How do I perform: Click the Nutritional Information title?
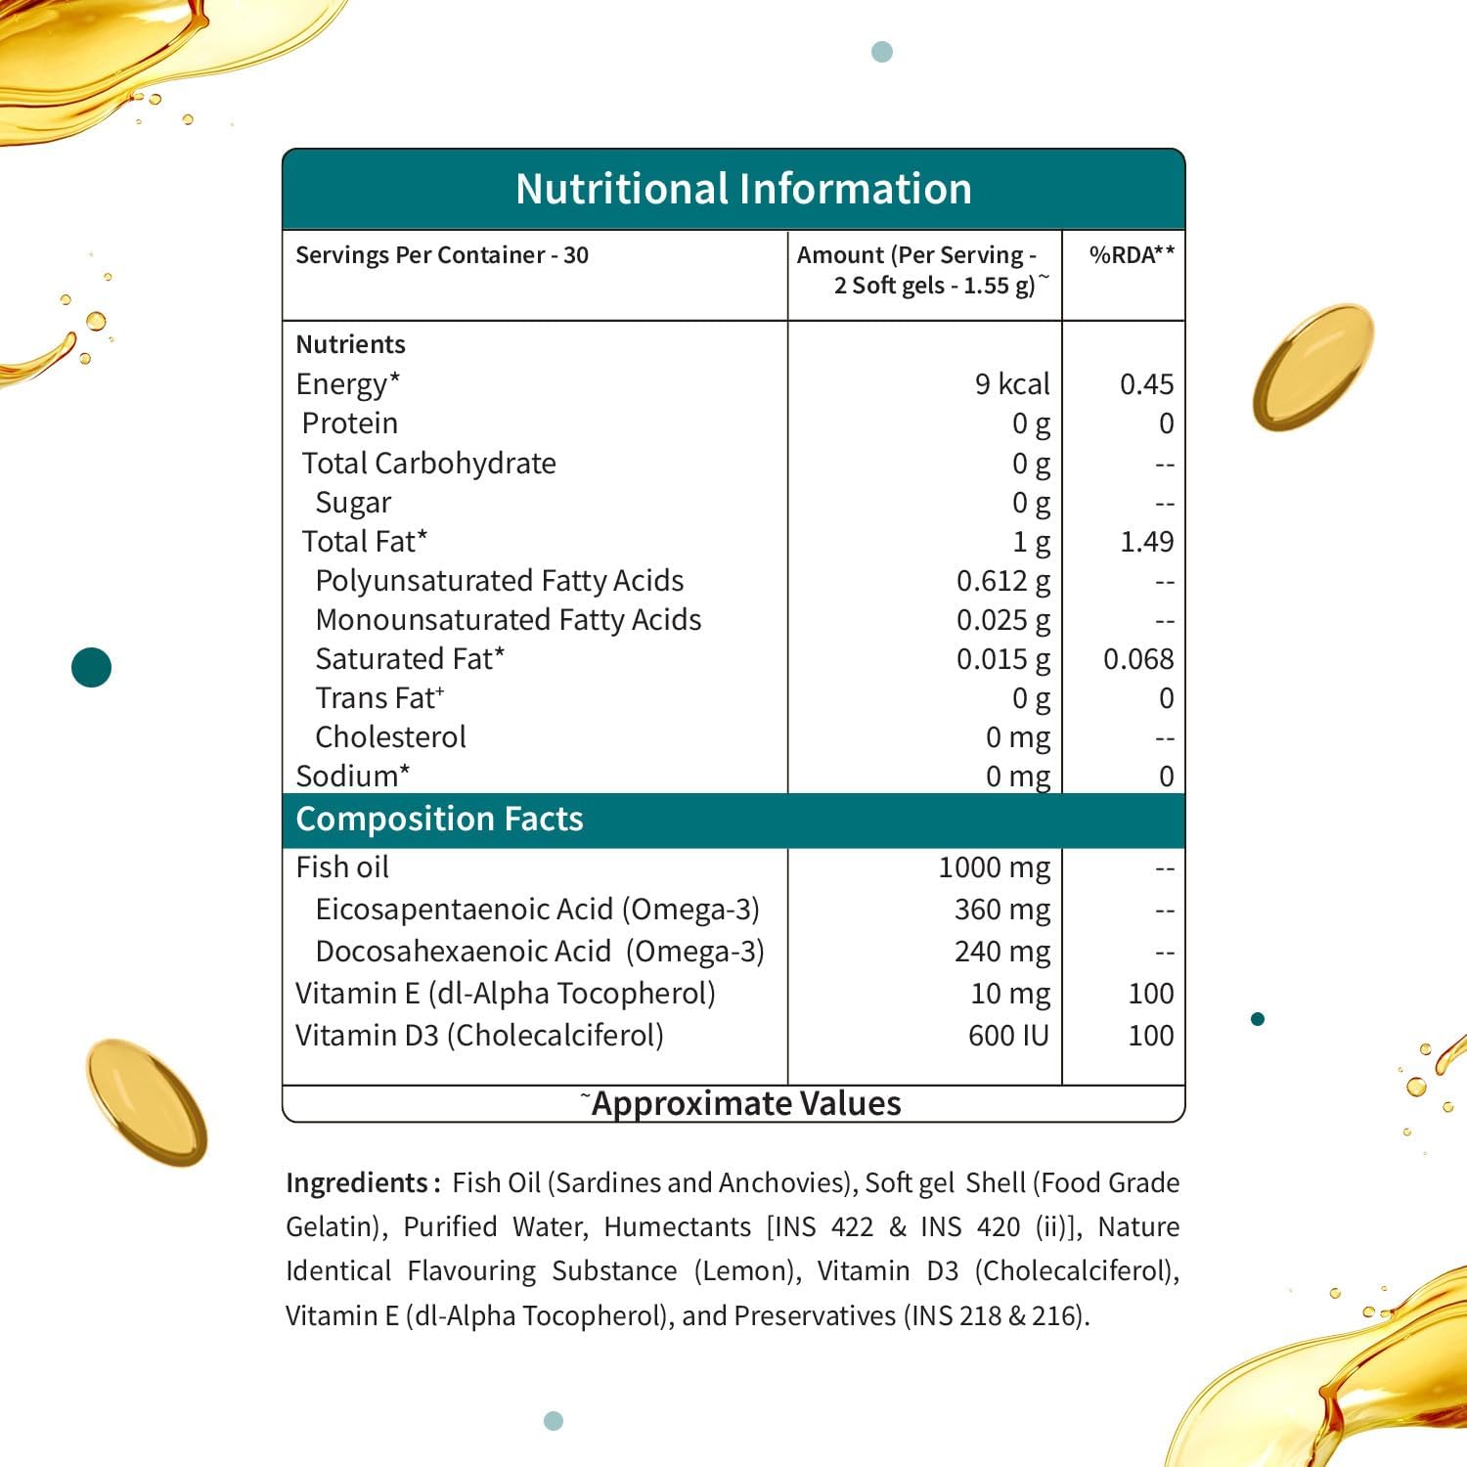743,189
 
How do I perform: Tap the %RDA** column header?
1132,255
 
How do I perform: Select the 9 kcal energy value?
1012,383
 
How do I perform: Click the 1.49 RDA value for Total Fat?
1146,541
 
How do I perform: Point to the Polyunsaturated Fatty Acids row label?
499,580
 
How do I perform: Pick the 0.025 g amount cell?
1002,619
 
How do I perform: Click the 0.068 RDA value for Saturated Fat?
1138,658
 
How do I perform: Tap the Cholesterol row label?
390,736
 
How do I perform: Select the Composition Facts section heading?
439,819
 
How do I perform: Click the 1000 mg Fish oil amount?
994,867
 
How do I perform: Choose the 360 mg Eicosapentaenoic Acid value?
1001,909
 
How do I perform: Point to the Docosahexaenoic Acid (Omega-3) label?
539,951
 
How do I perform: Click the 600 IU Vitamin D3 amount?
1007,1035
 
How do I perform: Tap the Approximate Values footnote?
745,1103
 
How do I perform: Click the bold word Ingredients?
356,1182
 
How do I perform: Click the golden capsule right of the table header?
1312,366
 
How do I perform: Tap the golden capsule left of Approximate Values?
146,1101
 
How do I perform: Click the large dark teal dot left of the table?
92,667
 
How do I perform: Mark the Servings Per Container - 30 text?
442,255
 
